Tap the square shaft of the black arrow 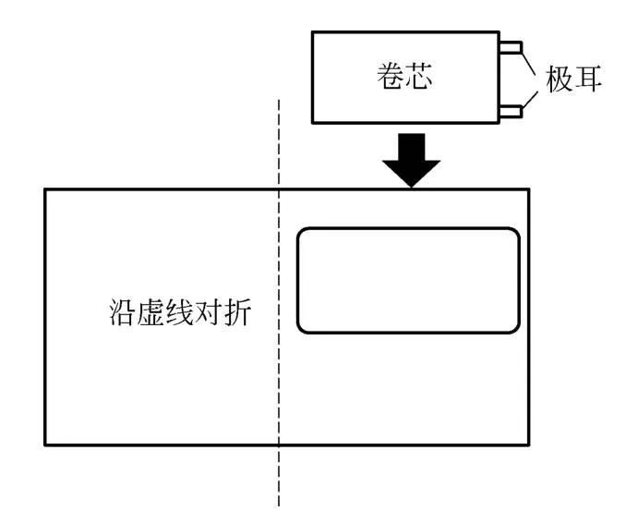pyautogui.click(x=413, y=146)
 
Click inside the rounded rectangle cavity pyautogui.click(x=407, y=279)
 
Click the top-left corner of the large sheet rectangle pyautogui.click(x=45, y=189)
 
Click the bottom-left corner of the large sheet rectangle pyautogui.click(x=45, y=444)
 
